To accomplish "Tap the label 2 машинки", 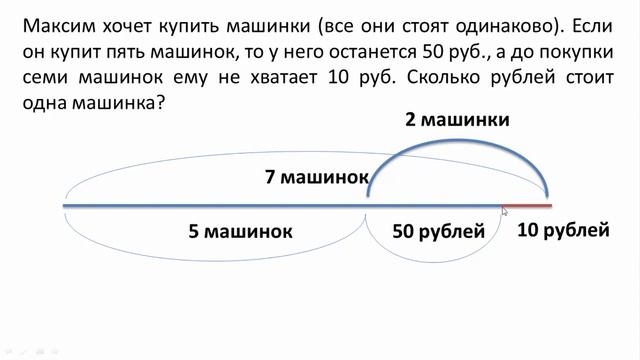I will pyautogui.click(x=457, y=120).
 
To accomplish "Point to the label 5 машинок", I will pyautogui.click(x=240, y=232).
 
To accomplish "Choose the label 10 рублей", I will pyautogui.click(x=563, y=231).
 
